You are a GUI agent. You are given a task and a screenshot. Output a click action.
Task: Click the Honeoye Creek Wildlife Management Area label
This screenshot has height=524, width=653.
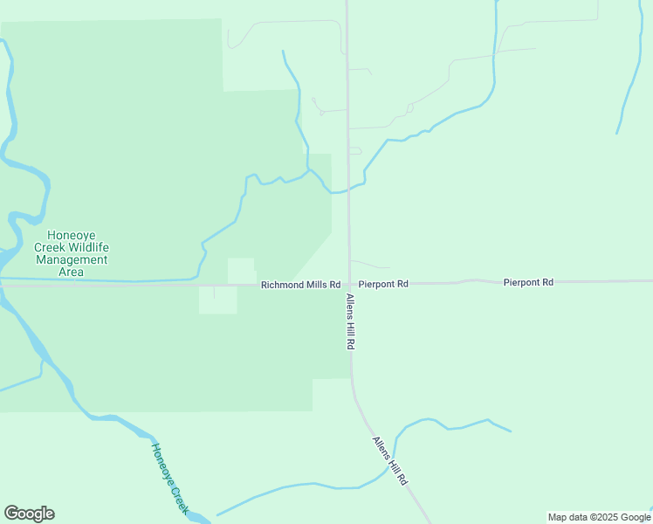point(71,253)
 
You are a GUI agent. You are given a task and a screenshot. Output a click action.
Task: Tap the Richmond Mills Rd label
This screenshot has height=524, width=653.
point(300,285)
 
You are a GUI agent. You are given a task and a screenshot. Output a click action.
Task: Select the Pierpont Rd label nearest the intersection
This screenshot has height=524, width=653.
point(383,285)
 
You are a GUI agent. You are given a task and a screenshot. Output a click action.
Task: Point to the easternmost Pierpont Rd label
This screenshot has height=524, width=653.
point(528,283)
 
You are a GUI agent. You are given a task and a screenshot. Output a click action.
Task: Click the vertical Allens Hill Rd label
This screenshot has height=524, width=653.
point(349,322)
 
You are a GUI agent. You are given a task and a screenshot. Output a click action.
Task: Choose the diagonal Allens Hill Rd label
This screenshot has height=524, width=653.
point(390,461)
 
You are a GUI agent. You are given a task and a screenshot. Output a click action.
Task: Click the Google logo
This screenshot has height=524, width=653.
point(29,514)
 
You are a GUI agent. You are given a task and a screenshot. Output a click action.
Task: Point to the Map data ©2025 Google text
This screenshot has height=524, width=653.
point(599,517)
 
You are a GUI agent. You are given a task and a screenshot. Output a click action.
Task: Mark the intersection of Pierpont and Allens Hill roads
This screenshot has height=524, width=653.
point(349,284)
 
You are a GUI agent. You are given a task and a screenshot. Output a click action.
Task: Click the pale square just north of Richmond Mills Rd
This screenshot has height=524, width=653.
point(241,270)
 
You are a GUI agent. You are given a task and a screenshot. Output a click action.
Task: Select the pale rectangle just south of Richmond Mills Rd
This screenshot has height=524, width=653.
point(217,300)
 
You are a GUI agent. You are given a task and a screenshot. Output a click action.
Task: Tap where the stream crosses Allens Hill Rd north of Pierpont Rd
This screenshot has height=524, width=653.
point(348,188)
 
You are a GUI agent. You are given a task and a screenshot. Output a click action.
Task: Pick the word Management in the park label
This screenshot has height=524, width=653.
point(71,260)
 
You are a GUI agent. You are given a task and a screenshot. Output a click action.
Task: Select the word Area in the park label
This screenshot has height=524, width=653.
point(71,272)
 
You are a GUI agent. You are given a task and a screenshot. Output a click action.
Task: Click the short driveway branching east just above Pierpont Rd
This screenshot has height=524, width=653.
point(370,264)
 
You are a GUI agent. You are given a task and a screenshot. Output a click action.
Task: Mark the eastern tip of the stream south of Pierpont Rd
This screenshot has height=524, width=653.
point(511,431)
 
